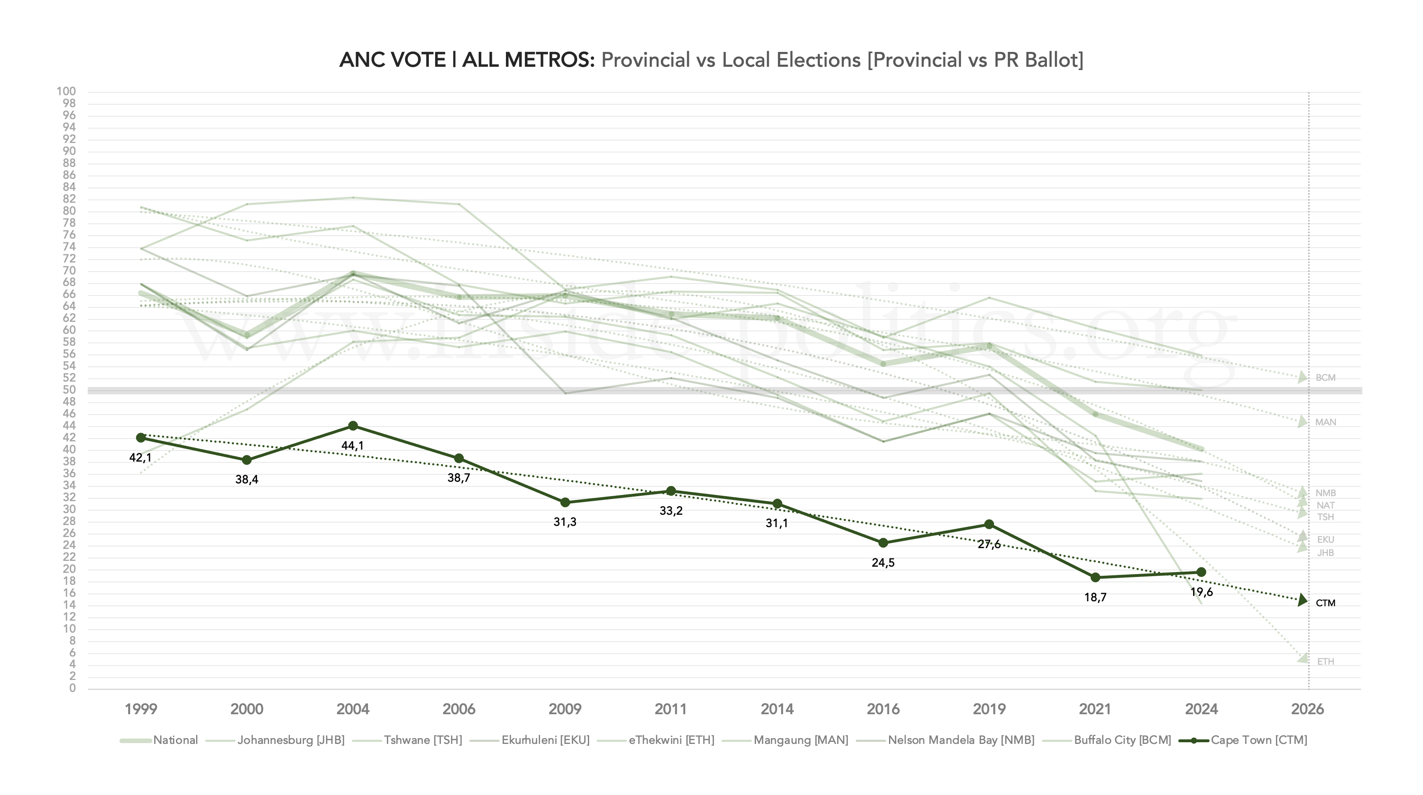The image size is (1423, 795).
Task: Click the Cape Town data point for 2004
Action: [x=353, y=426]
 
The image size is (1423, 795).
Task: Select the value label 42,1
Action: [x=140, y=457]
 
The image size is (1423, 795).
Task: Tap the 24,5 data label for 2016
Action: [x=883, y=563]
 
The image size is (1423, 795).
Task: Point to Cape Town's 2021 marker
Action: [x=1095, y=577]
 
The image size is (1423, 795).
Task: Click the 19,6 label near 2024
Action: [x=1201, y=592]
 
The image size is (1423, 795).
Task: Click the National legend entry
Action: [x=175, y=740]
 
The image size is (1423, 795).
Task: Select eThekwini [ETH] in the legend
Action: [x=671, y=740]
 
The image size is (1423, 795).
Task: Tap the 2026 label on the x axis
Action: [x=1307, y=709]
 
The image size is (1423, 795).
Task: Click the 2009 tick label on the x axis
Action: [x=564, y=709]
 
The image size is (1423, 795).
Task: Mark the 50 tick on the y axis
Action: [x=69, y=390]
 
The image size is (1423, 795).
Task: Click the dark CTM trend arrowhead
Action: [x=1303, y=600]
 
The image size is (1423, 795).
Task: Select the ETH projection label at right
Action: [x=1325, y=662]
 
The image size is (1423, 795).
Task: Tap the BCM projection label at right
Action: [x=1325, y=378]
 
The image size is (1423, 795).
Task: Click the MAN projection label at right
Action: [x=1325, y=422]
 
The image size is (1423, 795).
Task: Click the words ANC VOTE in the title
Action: [x=392, y=60]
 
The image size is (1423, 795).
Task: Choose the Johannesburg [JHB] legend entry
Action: [x=290, y=740]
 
